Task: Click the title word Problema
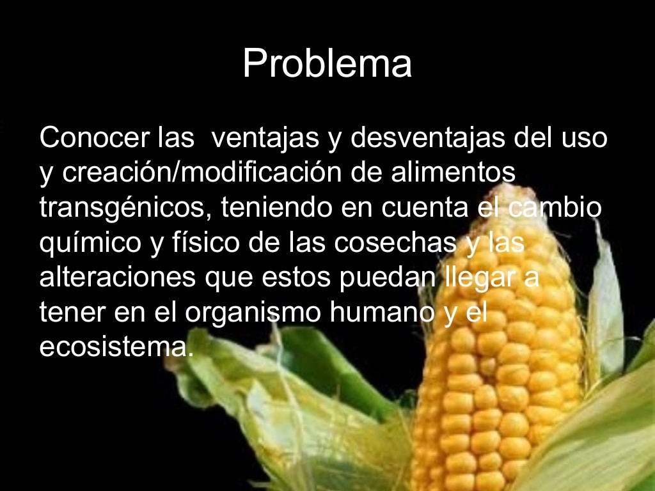pyautogui.click(x=327, y=65)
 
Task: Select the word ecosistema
pyautogui.click(x=115, y=347)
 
